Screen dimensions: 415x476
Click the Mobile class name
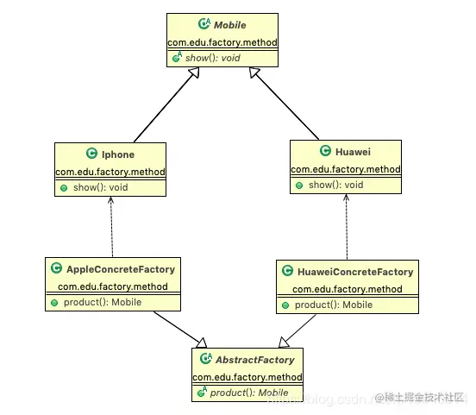coord(230,25)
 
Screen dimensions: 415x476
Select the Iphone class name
coord(118,154)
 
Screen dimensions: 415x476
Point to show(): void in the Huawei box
coord(336,184)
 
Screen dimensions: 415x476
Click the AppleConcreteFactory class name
coord(121,269)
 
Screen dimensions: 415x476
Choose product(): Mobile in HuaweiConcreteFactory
coord(335,305)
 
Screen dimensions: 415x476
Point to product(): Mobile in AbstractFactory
coord(249,393)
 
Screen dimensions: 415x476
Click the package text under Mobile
coord(222,41)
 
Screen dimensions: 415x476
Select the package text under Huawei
coord(346,168)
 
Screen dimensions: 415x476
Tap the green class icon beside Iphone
coord(92,154)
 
